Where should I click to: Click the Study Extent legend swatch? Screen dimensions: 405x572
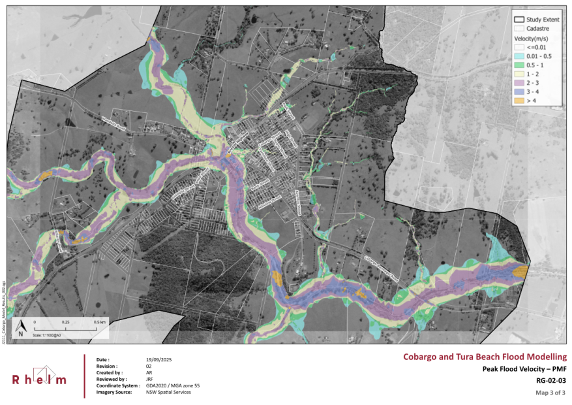coord(519,20)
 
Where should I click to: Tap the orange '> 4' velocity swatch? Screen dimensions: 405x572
coord(519,101)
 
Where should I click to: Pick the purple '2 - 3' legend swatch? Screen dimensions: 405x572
coord(519,83)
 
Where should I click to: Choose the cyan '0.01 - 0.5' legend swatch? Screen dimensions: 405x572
coord(519,56)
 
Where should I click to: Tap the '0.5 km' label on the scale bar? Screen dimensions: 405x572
coord(98,322)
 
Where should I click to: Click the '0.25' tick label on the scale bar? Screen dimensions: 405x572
coord(66,322)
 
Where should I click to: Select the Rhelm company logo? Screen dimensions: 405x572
coord(39,379)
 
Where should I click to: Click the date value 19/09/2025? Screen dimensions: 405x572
coord(159,360)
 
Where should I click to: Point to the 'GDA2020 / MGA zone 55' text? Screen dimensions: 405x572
coord(173,386)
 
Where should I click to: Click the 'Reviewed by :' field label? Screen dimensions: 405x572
coord(112,380)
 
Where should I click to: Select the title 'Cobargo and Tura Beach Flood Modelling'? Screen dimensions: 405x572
coord(485,357)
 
